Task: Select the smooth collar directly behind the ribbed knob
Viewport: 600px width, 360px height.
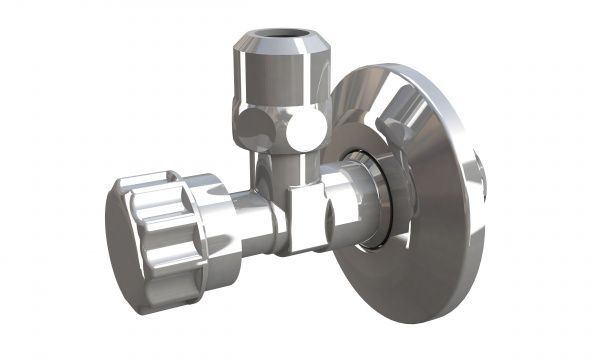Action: [x=215, y=215]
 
